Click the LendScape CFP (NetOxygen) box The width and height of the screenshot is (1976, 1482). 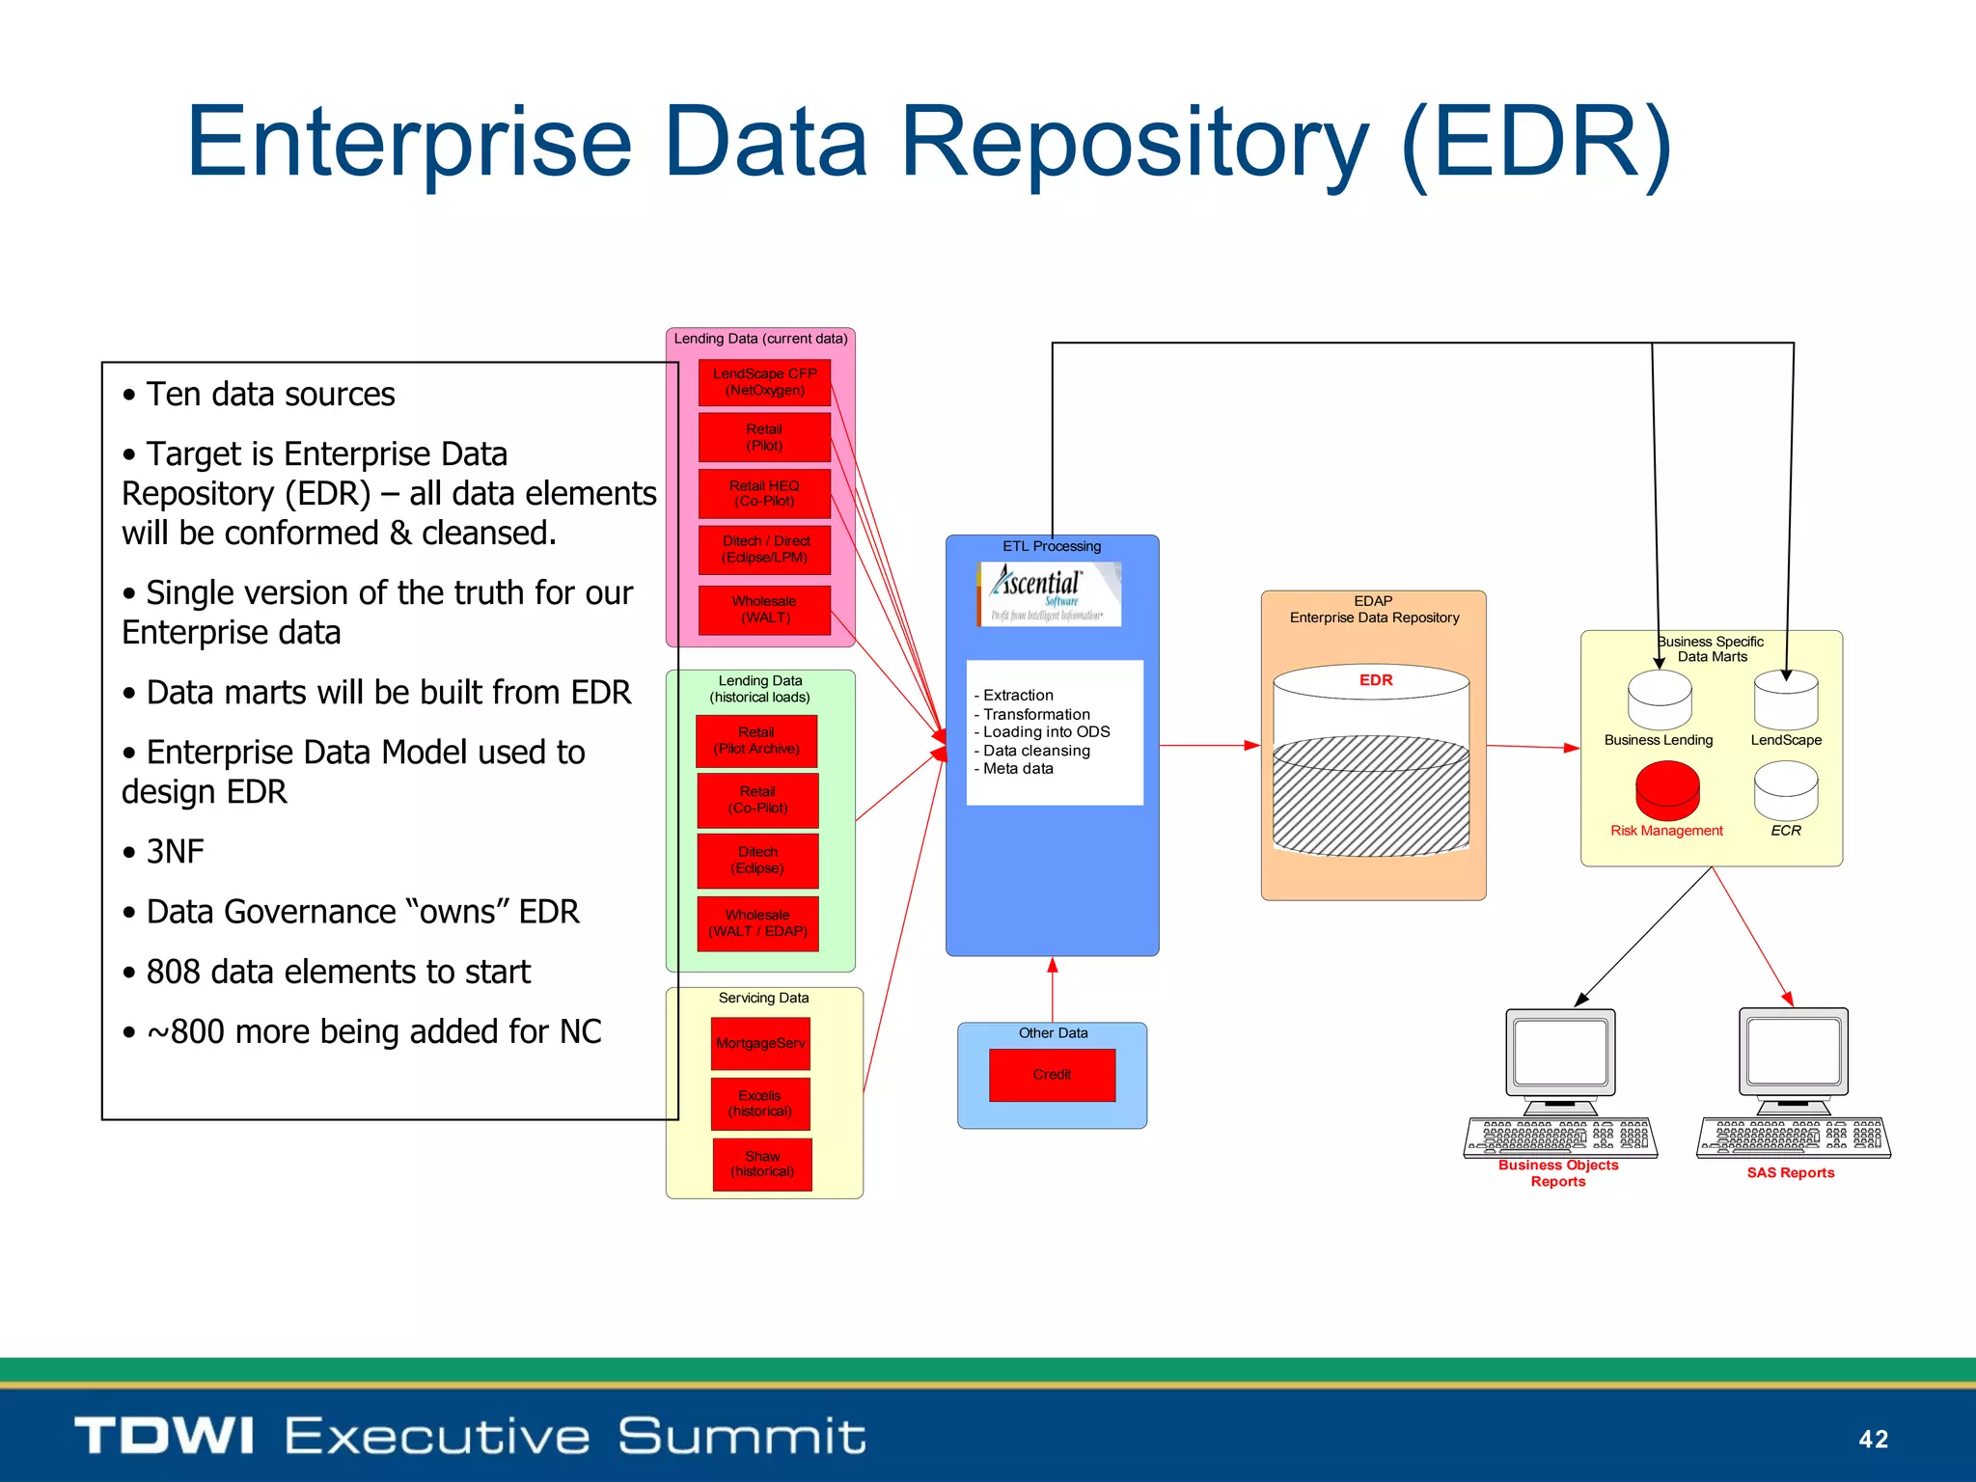[x=764, y=382]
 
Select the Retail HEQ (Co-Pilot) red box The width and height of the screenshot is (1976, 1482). [x=764, y=493]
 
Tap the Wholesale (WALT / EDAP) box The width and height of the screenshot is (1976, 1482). [x=757, y=923]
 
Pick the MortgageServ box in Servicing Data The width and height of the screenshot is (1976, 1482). [x=760, y=1043]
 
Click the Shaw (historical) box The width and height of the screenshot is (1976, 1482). [x=762, y=1164]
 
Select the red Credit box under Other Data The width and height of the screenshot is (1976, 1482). [x=1052, y=1075]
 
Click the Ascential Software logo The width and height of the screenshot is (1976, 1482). [x=1050, y=593]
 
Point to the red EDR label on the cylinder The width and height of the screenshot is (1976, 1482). [x=1376, y=680]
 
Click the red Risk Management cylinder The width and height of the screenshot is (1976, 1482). [x=1667, y=790]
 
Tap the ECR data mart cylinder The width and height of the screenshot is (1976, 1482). [x=1786, y=790]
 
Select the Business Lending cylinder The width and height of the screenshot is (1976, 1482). [x=1660, y=700]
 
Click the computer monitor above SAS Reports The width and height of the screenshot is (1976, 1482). [x=1794, y=1053]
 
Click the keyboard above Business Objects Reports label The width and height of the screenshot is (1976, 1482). [x=1560, y=1138]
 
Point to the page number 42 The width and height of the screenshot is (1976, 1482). [x=1873, y=1439]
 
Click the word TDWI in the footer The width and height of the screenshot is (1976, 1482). [x=164, y=1436]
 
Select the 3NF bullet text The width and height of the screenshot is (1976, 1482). [x=175, y=852]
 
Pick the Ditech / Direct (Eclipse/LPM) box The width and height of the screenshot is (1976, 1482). [x=764, y=549]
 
